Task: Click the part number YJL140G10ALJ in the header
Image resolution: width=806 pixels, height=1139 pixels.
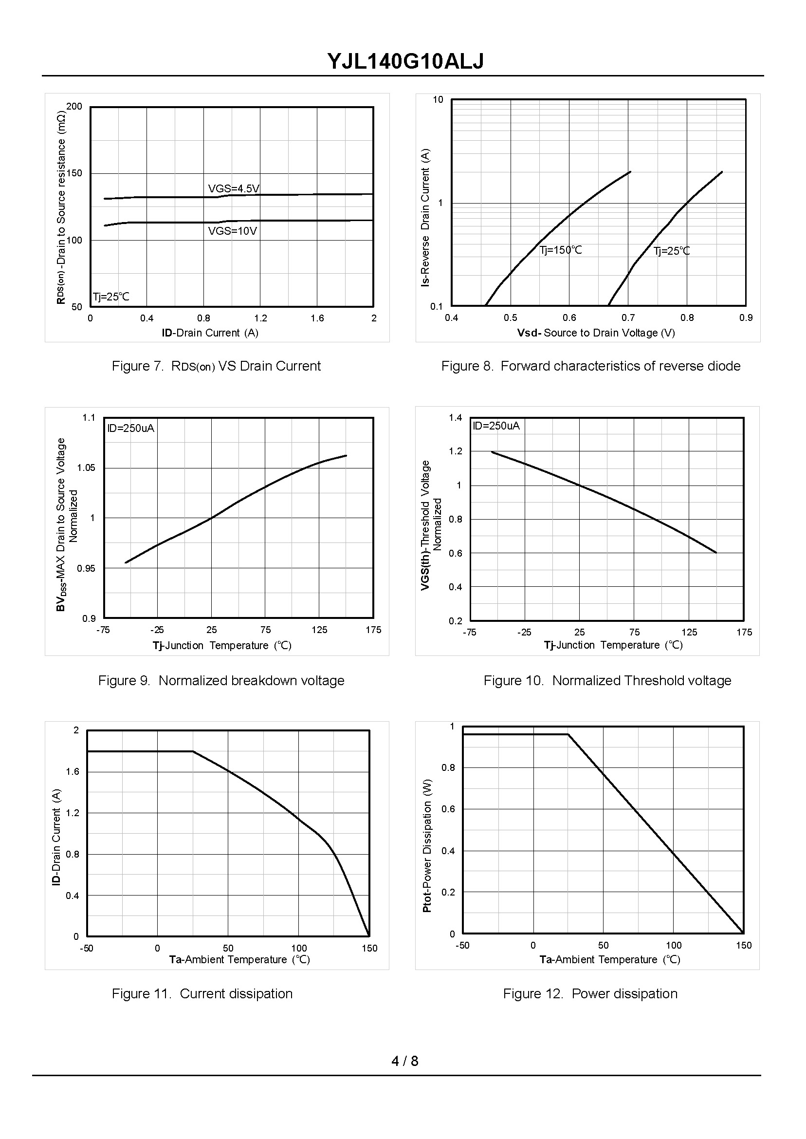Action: (x=405, y=61)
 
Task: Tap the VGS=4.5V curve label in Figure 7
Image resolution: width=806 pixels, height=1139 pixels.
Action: (x=233, y=188)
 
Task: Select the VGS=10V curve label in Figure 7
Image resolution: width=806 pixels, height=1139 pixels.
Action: (x=232, y=231)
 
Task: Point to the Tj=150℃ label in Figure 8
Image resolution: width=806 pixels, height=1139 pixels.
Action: (x=560, y=250)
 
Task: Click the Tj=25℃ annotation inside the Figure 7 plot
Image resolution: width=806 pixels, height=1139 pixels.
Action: (x=110, y=297)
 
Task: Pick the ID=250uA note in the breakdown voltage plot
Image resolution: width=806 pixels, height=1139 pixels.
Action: (x=130, y=428)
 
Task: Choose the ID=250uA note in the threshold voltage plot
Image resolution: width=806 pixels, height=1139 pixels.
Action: (x=496, y=426)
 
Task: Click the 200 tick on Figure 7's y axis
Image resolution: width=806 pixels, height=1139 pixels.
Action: (x=74, y=106)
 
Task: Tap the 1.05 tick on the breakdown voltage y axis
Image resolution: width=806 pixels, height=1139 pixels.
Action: (x=86, y=467)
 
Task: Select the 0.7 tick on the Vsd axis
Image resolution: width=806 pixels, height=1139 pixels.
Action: (x=628, y=318)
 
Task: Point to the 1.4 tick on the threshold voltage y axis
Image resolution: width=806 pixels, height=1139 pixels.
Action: (x=455, y=417)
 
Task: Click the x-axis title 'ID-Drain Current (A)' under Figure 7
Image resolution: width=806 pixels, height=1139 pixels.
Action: (x=210, y=333)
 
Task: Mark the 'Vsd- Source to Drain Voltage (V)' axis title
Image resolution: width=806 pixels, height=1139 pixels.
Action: (x=596, y=333)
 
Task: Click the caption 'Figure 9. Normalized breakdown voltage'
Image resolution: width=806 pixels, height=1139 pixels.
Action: (x=221, y=680)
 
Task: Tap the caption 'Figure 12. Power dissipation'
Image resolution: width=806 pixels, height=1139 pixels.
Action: (x=589, y=993)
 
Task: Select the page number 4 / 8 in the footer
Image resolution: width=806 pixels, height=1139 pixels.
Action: (x=404, y=1061)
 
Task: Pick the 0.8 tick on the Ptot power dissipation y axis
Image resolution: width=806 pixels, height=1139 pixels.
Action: (x=448, y=767)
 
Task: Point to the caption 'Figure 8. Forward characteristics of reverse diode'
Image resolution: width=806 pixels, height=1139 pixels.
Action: (x=590, y=366)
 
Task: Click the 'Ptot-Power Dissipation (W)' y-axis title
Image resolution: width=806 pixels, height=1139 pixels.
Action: (x=427, y=845)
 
